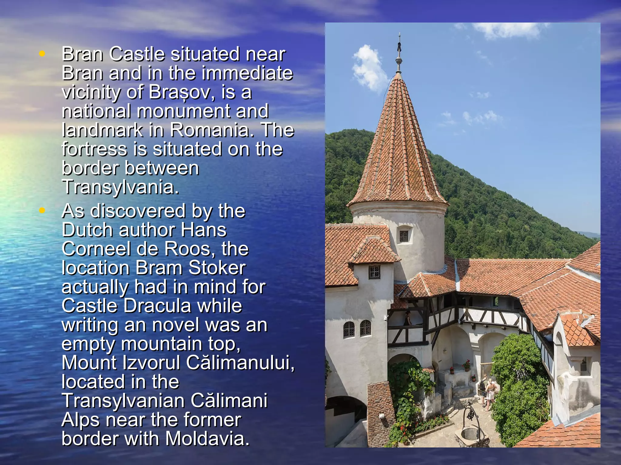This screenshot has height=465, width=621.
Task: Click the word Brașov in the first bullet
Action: click(x=179, y=92)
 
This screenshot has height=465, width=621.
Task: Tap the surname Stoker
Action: click(x=217, y=268)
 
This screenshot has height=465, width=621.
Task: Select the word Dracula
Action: click(x=157, y=306)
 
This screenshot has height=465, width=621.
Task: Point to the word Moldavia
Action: click(x=207, y=439)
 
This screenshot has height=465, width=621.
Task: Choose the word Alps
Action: click(x=81, y=420)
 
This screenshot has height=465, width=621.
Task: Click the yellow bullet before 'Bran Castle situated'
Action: click(x=42, y=54)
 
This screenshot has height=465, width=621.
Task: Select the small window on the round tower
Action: click(x=404, y=236)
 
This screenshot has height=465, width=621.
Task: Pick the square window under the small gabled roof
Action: click(x=374, y=272)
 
